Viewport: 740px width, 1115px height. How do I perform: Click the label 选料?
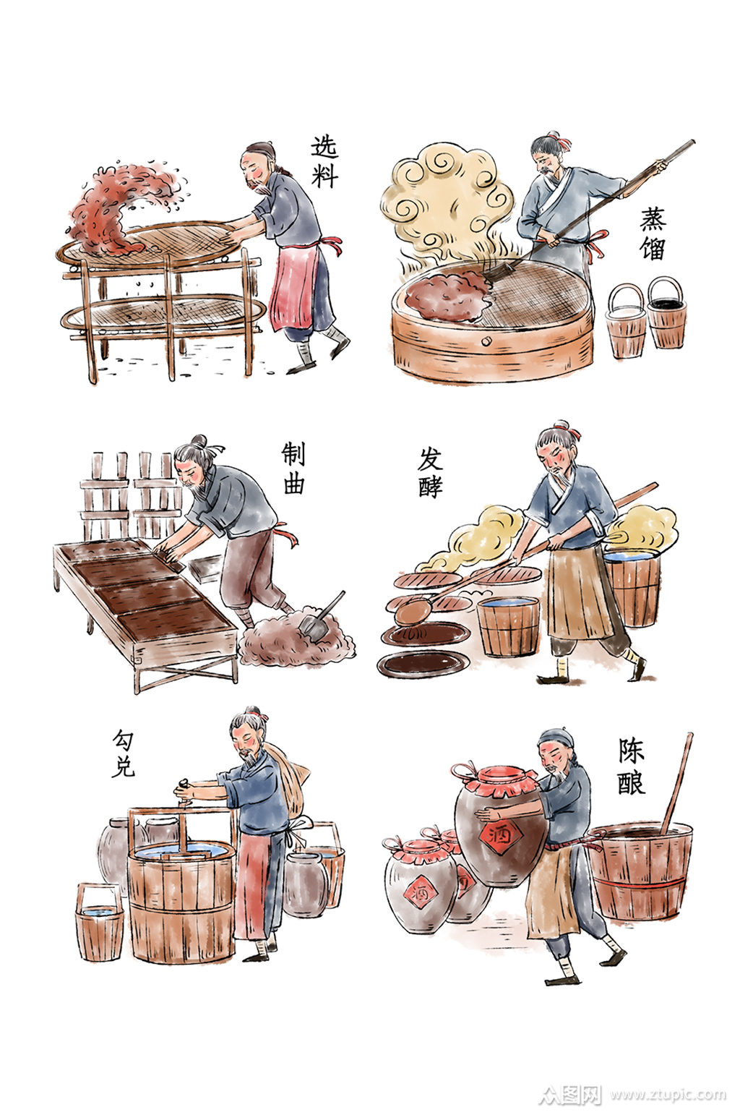324,161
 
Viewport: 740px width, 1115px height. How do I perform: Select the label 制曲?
293,468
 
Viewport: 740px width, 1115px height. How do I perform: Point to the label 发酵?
430,471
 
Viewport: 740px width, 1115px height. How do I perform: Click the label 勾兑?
123,753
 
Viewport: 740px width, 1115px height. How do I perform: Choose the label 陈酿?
632,766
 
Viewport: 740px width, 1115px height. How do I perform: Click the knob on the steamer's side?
486,341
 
